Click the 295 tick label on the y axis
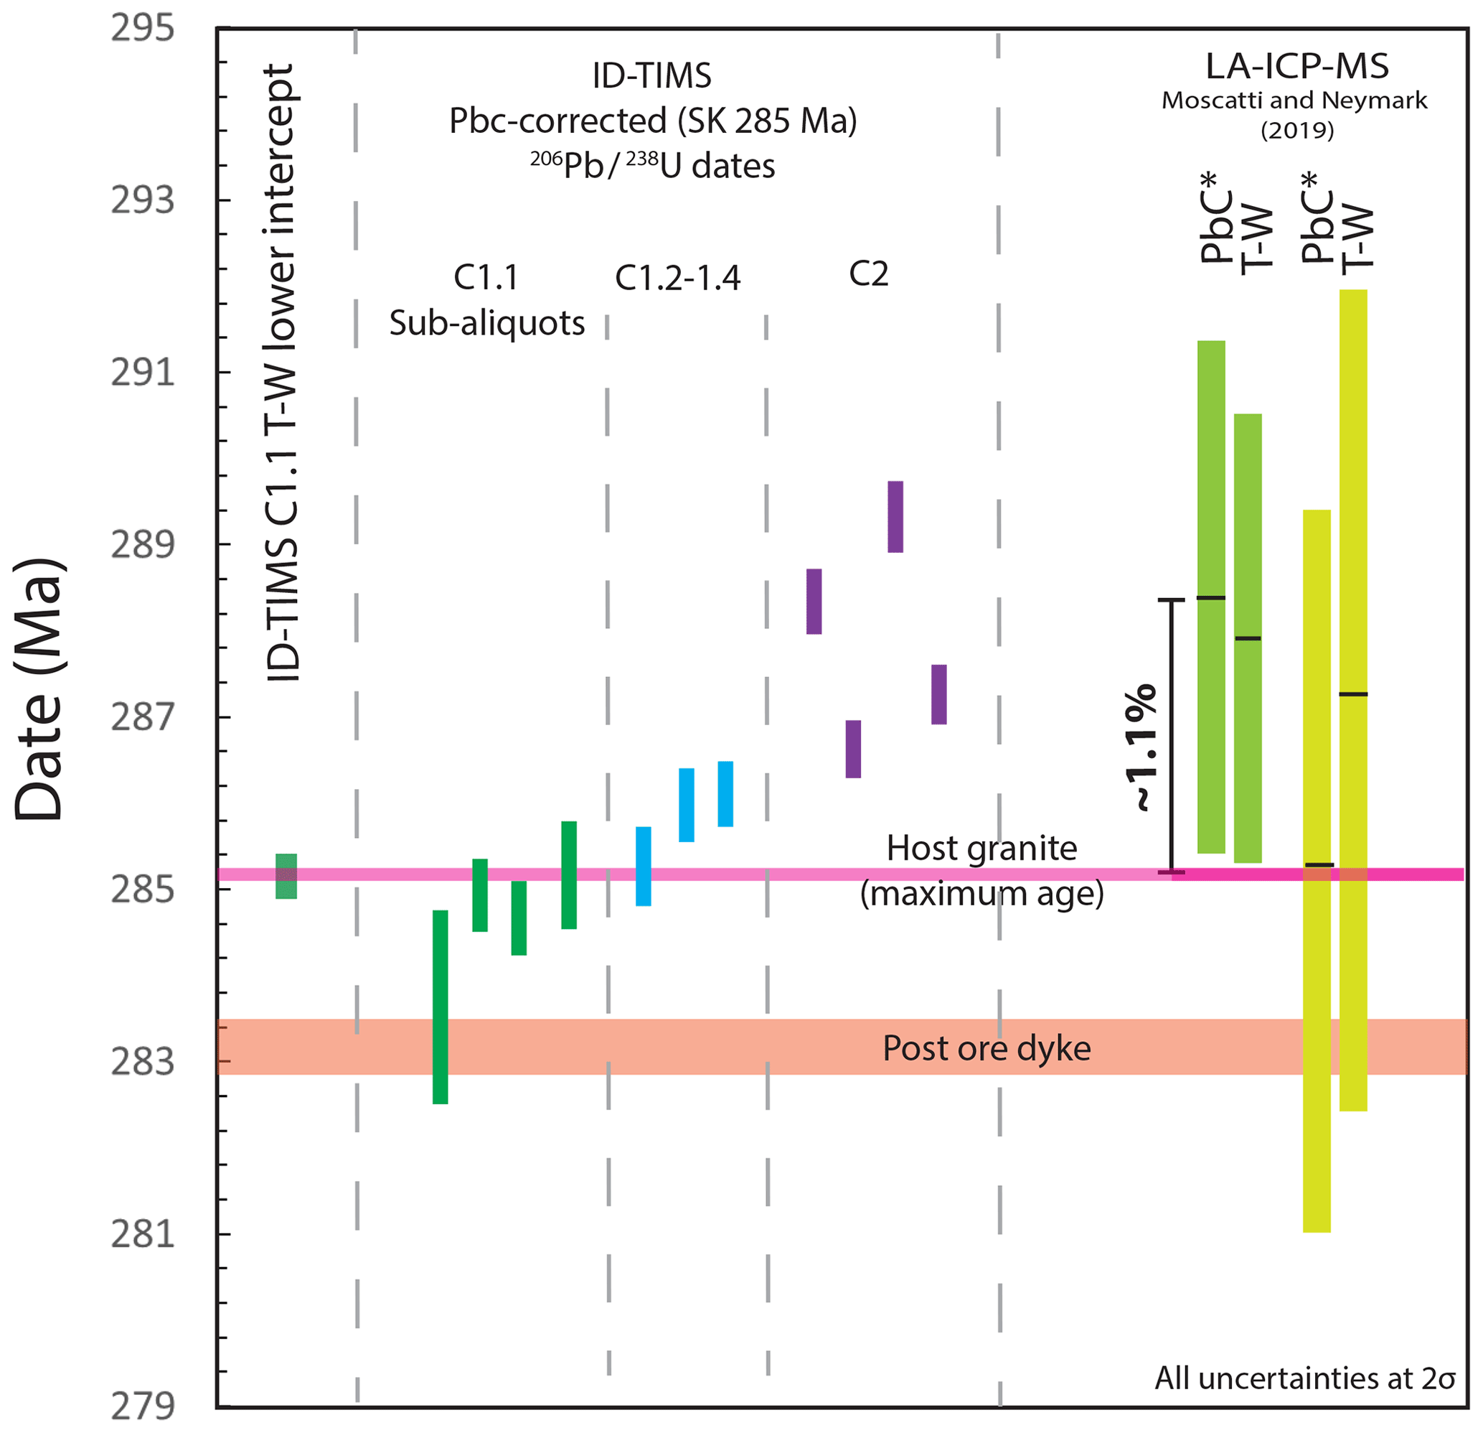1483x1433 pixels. click(142, 29)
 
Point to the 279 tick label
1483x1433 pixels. click(142, 1406)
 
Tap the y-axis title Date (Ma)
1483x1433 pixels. click(39, 689)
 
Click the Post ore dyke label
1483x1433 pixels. click(987, 1048)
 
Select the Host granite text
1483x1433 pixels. click(981, 848)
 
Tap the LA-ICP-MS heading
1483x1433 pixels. click(1297, 67)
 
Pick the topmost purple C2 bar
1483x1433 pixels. click(895, 516)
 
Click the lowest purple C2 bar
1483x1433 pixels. click(853, 749)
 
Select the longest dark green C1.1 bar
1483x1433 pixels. click(441, 1007)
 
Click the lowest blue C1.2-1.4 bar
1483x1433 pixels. click(643, 866)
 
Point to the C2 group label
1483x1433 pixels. click(869, 274)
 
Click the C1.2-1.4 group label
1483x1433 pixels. click(677, 278)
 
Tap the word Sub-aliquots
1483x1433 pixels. click(487, 323)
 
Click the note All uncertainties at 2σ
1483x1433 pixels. click(1304, 1378)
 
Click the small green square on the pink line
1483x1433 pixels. click(286, 876)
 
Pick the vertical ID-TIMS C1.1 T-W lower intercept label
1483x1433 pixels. click(281, 373)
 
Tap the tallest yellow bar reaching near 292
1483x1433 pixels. click(1353, 700)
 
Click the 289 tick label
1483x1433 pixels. click(142, 544)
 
